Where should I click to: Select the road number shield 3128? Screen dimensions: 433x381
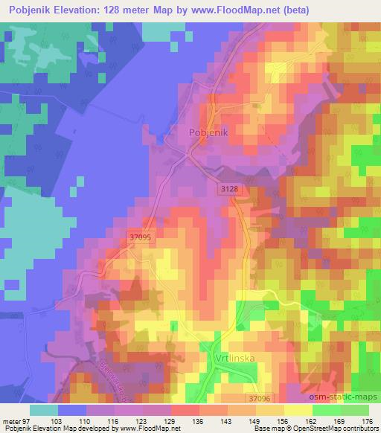click(x=229, y=190)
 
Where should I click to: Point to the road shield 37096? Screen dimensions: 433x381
click(x=261, y=399)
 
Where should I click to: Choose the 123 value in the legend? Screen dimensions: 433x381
click(x=138, y=421)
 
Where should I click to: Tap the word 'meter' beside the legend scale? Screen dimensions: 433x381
click(x=12, y=421)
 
